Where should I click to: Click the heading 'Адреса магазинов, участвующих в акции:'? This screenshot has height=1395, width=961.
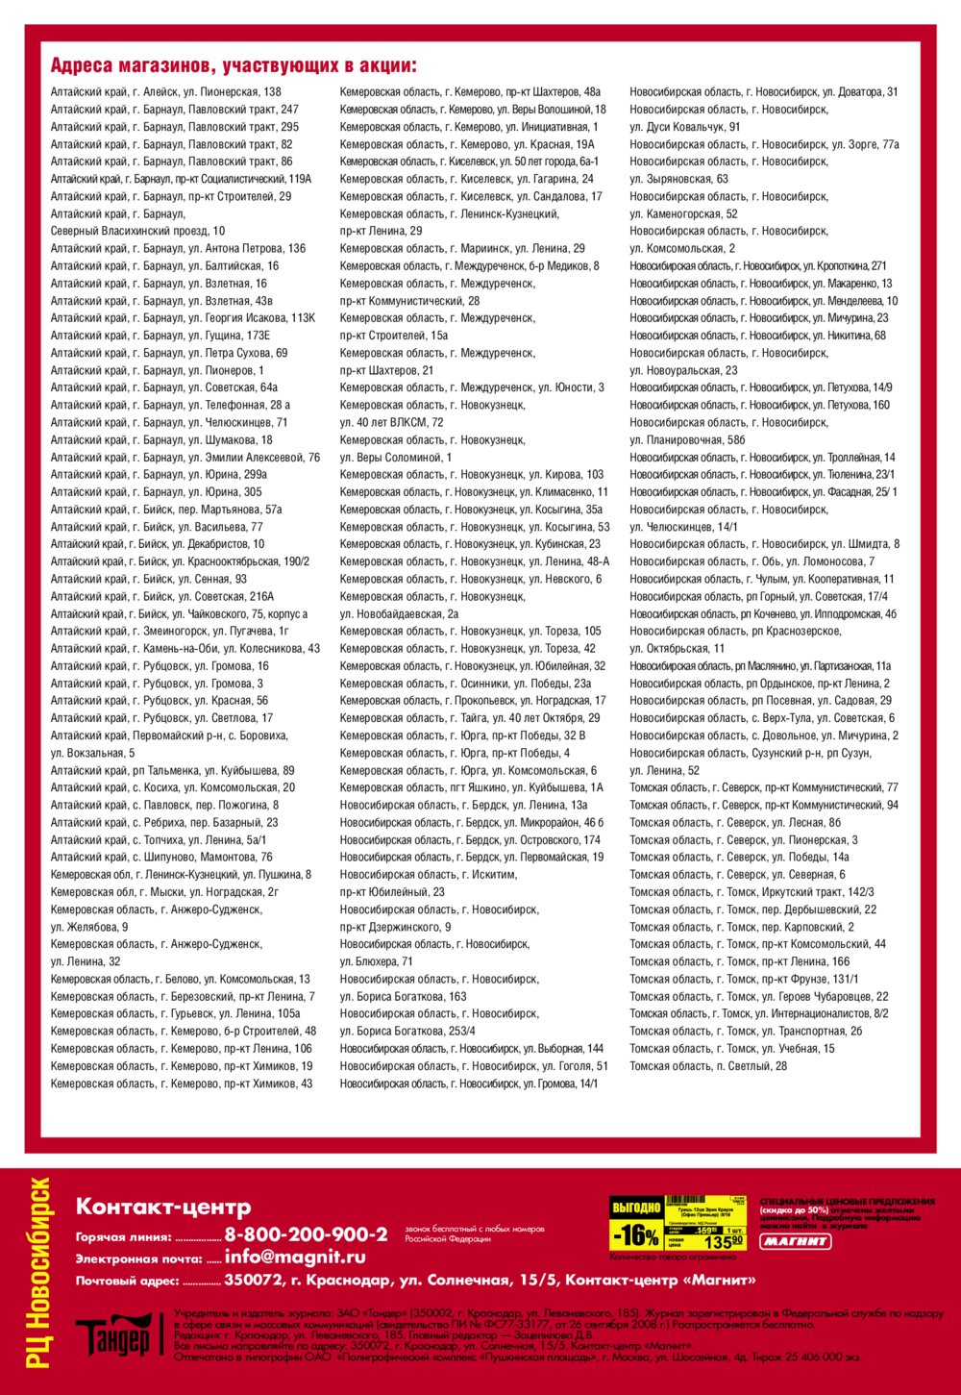tap(234, 66)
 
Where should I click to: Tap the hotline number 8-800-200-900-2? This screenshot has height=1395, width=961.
tap(306, 1234)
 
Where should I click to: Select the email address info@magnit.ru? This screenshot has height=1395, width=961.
tap(295, 1258)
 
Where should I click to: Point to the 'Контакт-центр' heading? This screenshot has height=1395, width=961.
tap(163, 1208)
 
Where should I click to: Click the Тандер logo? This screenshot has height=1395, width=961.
tap(113, 1334)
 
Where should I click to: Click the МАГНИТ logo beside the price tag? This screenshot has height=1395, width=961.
tap(796, 1241)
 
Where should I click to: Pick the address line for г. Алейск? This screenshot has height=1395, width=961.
tap(166, 92)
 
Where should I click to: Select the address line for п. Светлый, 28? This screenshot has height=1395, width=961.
tap(708, 1066)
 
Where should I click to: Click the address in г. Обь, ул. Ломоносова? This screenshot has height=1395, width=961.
tap(752, 561)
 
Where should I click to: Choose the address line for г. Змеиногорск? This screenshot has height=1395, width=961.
tap(170, 632)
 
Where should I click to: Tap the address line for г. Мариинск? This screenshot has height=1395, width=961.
tap(461, 249)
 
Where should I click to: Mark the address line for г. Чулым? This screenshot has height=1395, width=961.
tap(761, 580)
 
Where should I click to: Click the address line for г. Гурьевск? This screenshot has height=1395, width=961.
tap(176, 1014)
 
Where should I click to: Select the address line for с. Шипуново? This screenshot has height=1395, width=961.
tap(161, 858)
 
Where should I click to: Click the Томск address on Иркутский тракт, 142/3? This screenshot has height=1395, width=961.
tap(752, 892)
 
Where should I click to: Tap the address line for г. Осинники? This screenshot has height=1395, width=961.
tap(465, 684)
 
